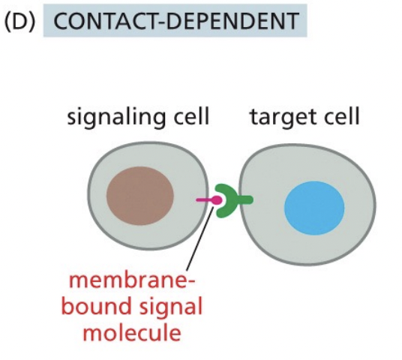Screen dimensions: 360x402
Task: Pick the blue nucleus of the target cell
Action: (314, 206)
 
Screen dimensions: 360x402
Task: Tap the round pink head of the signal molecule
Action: (217, 200)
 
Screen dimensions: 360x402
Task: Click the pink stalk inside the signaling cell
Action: (202, 200)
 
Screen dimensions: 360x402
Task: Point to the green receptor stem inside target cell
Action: (244, 199)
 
